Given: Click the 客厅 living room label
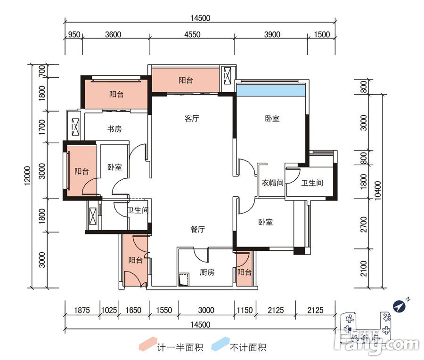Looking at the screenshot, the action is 192,118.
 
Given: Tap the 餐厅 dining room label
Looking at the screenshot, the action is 198,229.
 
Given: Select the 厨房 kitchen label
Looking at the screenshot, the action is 207,272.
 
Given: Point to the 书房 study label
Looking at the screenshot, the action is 114,129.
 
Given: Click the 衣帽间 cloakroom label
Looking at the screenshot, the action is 272,183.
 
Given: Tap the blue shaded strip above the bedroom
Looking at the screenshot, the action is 271,90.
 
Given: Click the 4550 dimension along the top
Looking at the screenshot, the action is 192,34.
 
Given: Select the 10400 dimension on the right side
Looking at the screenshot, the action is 377,191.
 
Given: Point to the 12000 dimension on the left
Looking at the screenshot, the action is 28,176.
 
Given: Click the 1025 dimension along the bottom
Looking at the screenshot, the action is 109,310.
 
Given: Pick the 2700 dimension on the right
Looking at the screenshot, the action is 364,224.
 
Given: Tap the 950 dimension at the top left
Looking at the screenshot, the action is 74,34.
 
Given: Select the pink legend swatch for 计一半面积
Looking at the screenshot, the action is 148,344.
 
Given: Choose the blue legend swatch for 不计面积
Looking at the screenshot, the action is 220,344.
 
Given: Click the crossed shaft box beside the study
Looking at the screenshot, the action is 75,127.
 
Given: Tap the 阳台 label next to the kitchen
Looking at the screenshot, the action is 244,272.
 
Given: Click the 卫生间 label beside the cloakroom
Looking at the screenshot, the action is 312,183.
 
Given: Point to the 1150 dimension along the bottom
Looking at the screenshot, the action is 245,310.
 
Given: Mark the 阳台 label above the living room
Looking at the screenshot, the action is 186,80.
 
